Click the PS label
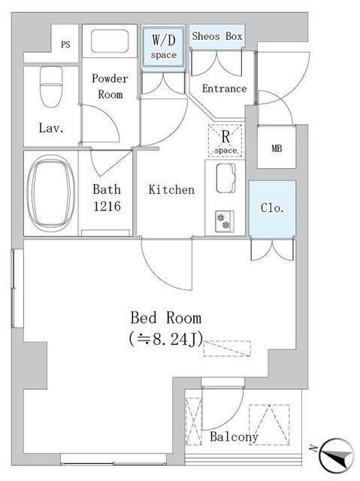65,44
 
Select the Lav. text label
51,128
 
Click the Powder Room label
110,86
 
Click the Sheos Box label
217,36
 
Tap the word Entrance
224,89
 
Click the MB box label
276,147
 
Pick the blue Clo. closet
272,208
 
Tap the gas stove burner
224,219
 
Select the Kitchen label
171,190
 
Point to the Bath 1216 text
107,197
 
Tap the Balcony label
234,437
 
